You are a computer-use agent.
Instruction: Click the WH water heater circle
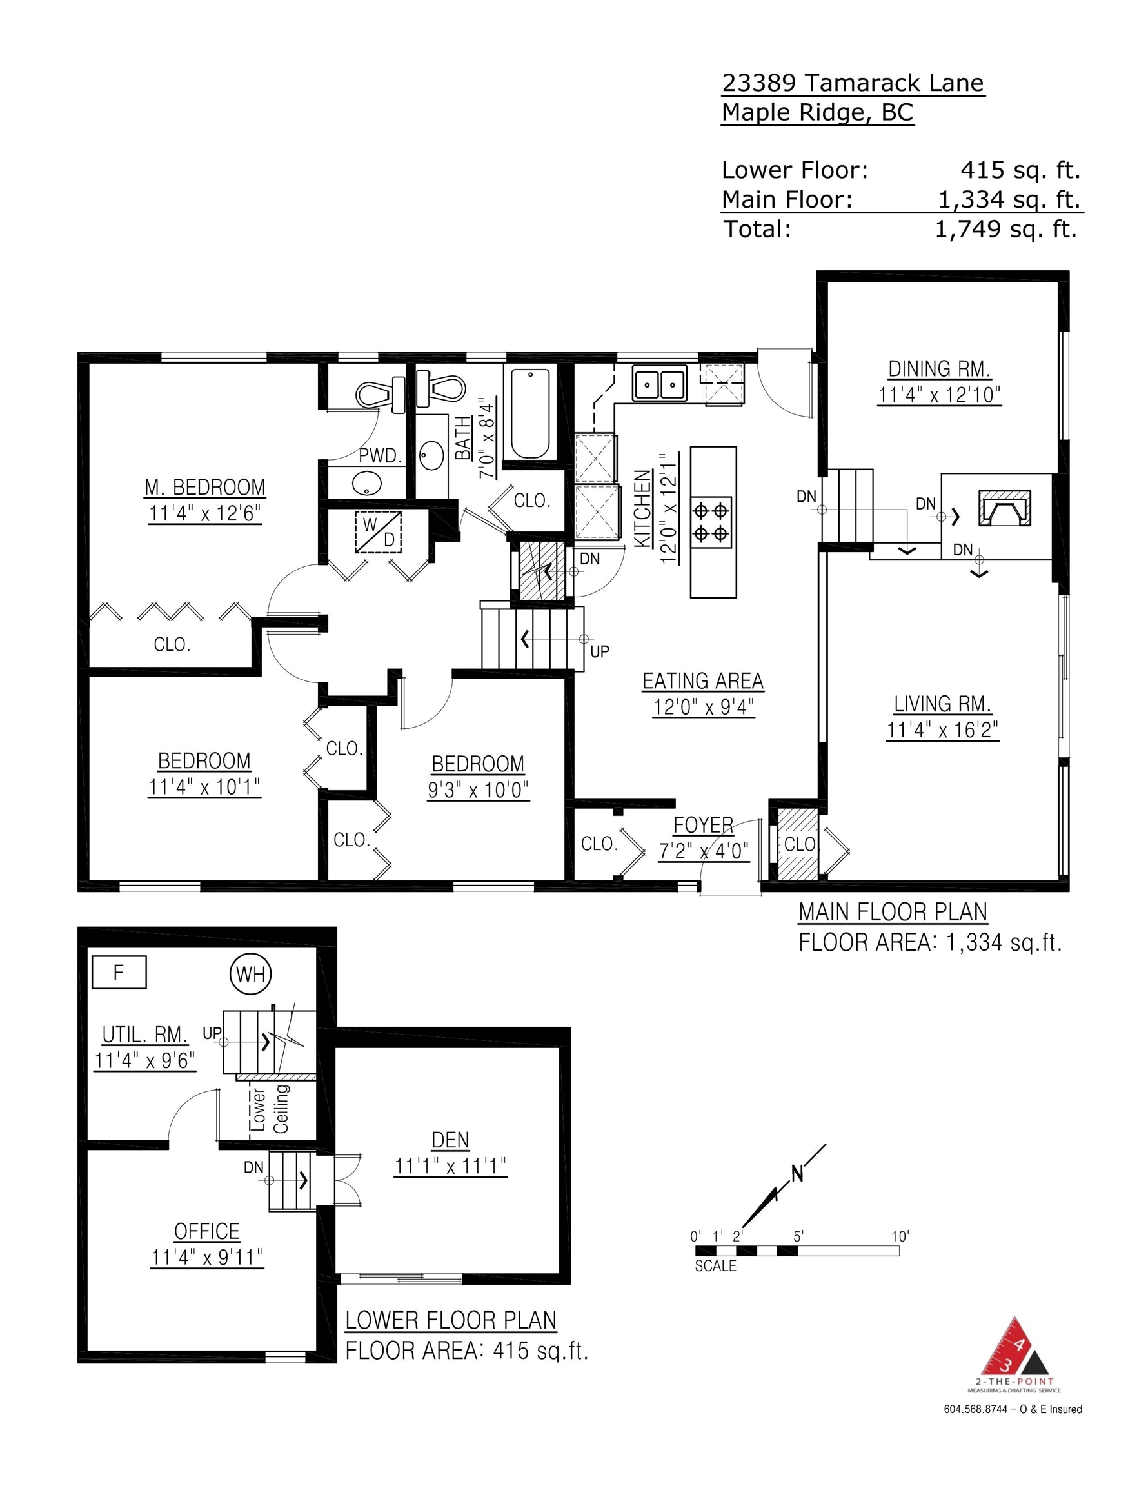[250, 974]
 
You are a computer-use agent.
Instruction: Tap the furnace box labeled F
[119, 973]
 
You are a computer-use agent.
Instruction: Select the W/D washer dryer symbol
[379, 532]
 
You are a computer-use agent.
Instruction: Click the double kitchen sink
[658, 384]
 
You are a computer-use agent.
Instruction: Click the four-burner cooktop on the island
[712, 522]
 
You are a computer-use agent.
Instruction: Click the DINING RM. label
[939, 369]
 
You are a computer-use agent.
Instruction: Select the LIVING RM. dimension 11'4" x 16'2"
[942, 730]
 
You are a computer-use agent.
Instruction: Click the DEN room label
[450, 1140]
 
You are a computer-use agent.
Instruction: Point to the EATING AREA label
[703, 681]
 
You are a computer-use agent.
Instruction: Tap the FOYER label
[703, 826]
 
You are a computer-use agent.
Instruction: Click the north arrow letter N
[797, 1174]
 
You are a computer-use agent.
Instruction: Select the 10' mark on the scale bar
[900, 1236]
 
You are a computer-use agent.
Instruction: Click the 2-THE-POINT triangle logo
[1013, 1348]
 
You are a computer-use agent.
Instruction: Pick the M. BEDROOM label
[205, 487]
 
